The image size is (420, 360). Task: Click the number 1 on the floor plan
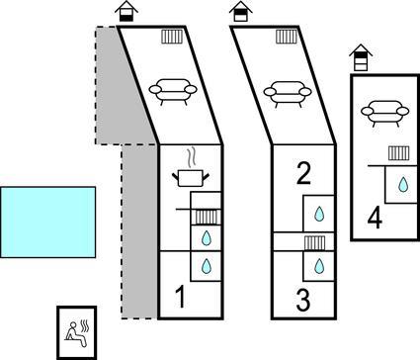(x=181, y=297)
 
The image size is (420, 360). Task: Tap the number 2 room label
(x=303, y=173)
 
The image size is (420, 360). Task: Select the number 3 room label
(x=303, y=300)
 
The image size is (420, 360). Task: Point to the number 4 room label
(x=375, y=219)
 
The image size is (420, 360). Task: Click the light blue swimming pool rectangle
(x=48, y=223)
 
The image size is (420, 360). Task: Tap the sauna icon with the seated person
(x=77, y=333)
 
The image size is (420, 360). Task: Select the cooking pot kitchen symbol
(x=191, y=178)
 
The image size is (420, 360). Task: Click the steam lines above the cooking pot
(x=191, y=158)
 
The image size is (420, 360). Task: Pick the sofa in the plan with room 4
(x=385, y=113)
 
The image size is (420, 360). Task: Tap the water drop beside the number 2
(x=318, y=214)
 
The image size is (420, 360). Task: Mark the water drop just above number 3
(x=318, y=266)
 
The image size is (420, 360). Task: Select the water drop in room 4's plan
(x=403, y=184)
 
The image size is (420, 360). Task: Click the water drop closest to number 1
(x=207, y=266)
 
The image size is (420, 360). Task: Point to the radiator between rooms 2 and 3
(x=314, y=242)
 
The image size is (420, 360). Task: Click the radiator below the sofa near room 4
(x=399, y=153)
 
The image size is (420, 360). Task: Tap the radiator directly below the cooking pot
(x=207, y=218)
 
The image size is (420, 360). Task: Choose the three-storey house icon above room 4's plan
(x=361, y=57)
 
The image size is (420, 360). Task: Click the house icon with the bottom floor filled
(x=126, y=11)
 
